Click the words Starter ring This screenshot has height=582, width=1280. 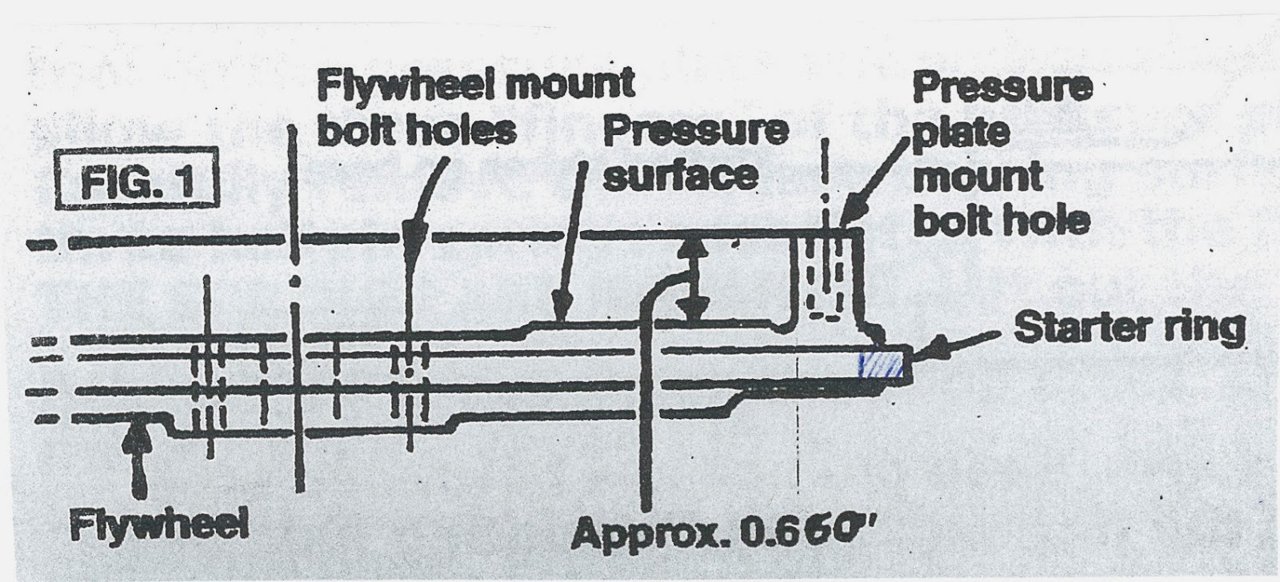pos(1129,328)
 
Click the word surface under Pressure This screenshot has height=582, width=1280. pos(680,175)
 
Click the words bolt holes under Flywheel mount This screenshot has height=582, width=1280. pos(416,130)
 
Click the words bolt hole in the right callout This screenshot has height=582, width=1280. pos(1001,219)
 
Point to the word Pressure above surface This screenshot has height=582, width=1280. pos(695,130)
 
